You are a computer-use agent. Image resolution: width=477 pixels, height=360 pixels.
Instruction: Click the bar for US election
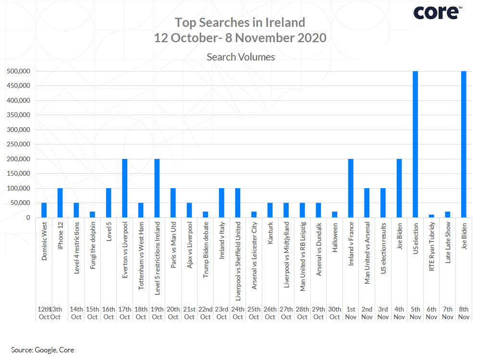pyautogui.click(x=416, y=144)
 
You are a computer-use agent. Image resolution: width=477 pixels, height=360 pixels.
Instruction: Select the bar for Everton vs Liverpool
pyautogui.click(x=125, y=188)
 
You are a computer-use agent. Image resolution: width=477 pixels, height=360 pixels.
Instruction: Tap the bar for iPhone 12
pyautogui.click(x=60, y=203)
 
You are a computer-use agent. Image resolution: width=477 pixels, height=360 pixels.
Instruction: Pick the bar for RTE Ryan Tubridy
pyautogui.click(x=431, y=216)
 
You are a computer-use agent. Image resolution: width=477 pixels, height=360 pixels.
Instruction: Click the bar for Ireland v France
pyautogui.click(x=351, y=188)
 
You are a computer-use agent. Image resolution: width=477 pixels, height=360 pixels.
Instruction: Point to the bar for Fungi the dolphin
pyautogui.click(x=92, y=215)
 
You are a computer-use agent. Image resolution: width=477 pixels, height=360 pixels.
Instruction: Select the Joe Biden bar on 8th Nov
pyautogui.click(x=464, y=144)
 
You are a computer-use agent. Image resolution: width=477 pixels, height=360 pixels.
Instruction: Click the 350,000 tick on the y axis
pyautogui.click(x=19, y=115)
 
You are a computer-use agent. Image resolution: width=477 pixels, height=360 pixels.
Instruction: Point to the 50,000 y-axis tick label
pyautogui.click(x=21, y=203)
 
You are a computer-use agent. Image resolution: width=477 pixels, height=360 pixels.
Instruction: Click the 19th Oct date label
pyautogui.click(x=157, y=313)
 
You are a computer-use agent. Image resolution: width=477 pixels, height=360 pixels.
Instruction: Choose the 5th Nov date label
pyautogui.click(x=416, y=313)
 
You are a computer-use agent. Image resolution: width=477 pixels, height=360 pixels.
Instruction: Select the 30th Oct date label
pyautogui.click(x=335, y=313)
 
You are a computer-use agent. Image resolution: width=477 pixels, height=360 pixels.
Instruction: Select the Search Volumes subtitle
pyautogui.click(x=241, y=57)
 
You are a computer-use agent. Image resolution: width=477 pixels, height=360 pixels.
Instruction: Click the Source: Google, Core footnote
pyautogui.click(x=43, y=350)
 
